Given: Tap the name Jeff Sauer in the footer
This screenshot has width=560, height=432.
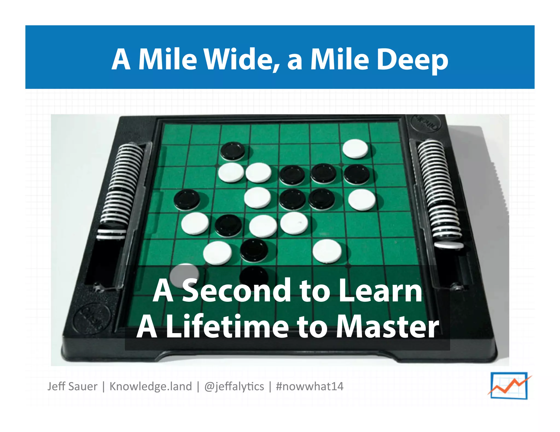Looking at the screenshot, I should tap(72, 386).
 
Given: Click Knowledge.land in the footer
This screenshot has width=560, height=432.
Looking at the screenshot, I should tap(151, 386).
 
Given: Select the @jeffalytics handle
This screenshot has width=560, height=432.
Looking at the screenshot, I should tap(234, 386).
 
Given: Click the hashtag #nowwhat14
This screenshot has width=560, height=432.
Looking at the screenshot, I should tap(310, 386).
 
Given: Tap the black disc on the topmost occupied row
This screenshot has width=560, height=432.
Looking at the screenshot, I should tap(233, 151).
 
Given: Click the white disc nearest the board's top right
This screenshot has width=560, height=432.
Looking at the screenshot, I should tap(355, 149).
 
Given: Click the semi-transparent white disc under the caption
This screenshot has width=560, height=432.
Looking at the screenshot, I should tap(184, 274).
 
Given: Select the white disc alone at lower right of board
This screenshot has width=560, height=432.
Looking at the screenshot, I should tap(327, 251).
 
